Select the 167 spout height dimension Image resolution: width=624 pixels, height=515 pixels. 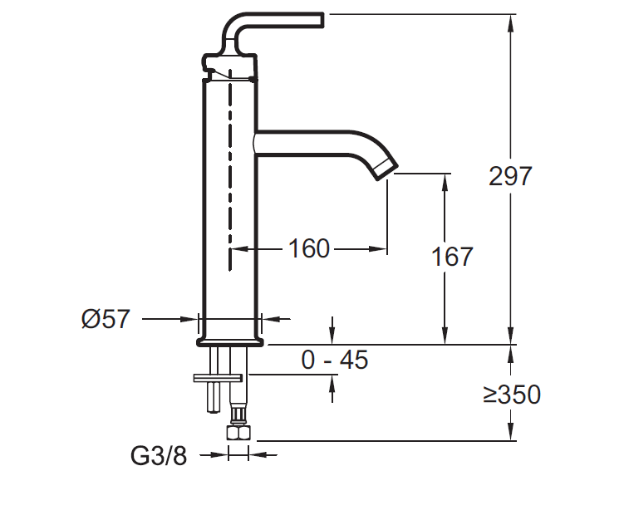coord(452,257)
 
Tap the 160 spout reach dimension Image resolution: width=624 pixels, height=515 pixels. coord(309,248)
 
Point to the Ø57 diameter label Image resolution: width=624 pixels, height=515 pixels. coord(106,318)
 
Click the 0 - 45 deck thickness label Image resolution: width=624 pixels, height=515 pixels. coord(334,360)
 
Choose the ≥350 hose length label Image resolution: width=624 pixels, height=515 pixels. coord(513,394)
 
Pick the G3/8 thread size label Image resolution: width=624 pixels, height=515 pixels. coord(159,455)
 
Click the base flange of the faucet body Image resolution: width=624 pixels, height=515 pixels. coord(230,341)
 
